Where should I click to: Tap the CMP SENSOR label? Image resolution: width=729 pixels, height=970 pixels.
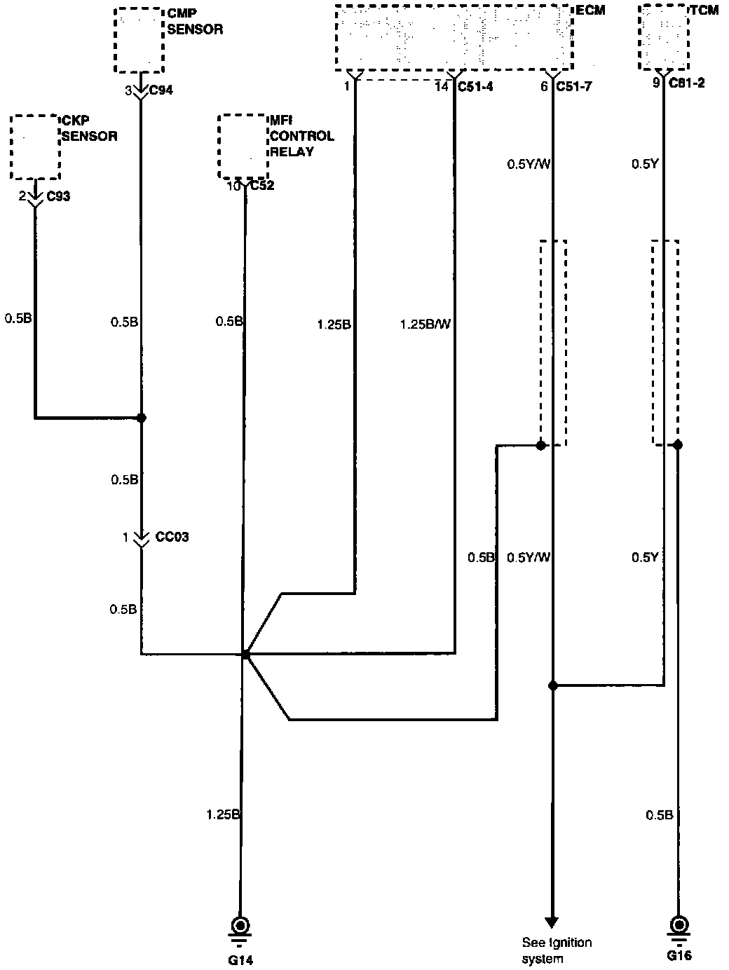[195, 22]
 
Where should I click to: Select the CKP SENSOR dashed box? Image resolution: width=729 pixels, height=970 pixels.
[35, 147]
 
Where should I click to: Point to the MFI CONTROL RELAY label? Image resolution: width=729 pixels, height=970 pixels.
[301, 136]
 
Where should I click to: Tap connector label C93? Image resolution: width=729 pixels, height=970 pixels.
[58, 196]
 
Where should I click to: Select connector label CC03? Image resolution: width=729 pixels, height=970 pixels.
[172, 538]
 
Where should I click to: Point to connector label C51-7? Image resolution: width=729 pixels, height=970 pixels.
[573, 87]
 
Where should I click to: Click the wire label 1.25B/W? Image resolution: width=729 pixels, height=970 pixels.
[425, 325]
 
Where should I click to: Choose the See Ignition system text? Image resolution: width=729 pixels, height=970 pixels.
[557, 950]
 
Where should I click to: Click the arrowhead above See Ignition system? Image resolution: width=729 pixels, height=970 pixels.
[552, 920]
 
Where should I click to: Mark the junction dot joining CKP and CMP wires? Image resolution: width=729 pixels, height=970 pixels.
[142, 418]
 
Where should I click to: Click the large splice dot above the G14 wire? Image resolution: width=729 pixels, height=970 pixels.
[245, 654]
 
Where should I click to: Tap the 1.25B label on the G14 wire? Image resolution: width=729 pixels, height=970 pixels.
[223, 814]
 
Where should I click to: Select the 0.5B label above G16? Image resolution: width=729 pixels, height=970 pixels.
[659, 814]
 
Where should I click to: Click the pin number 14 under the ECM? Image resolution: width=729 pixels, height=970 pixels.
[442, 87]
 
